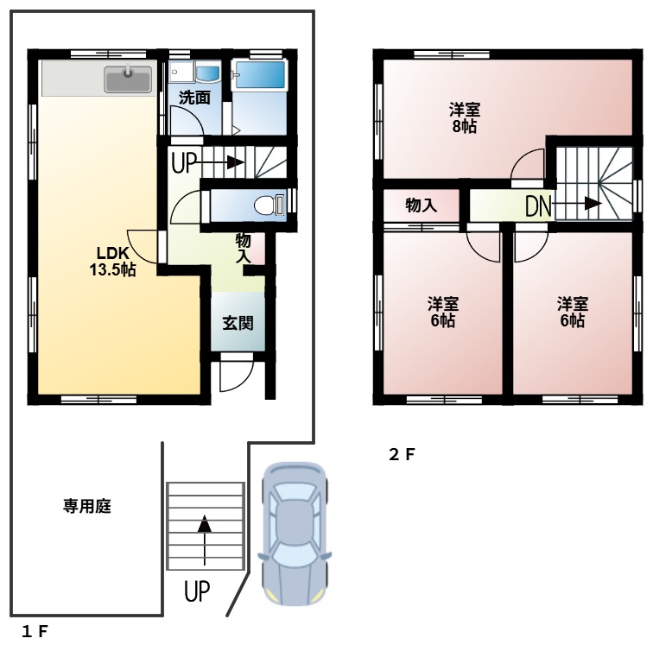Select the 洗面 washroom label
(x=194, y=98)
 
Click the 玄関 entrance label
(x=238, y=324)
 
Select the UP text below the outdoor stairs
(x=197, y=592)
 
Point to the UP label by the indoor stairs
(x=184, y=161)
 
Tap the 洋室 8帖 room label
(x=464, y=118)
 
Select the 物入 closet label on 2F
(x=421, y=205)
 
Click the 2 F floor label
(x=402, y=455)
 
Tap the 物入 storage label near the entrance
(x=243, y=248)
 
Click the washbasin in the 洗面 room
(x=208, y=73)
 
